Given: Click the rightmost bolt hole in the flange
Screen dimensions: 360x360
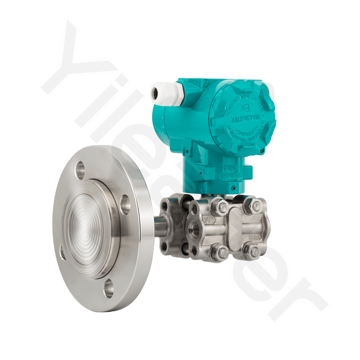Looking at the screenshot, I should click(x=125, y=204).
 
